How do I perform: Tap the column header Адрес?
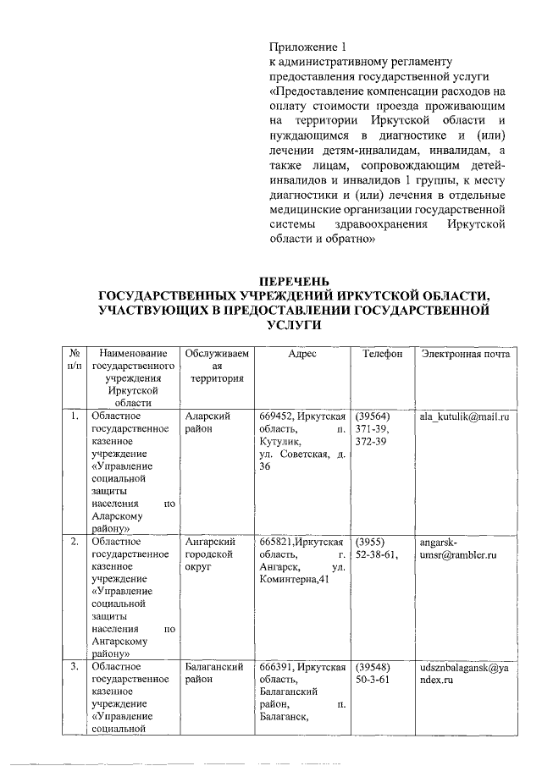tap(301, 354)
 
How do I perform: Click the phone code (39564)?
tap(373, 417)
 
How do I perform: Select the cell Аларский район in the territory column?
tap(207, 423)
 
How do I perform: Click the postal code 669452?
tap(277, 417)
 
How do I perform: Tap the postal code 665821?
tap(277, 542)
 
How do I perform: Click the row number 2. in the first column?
tap(75, 542)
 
